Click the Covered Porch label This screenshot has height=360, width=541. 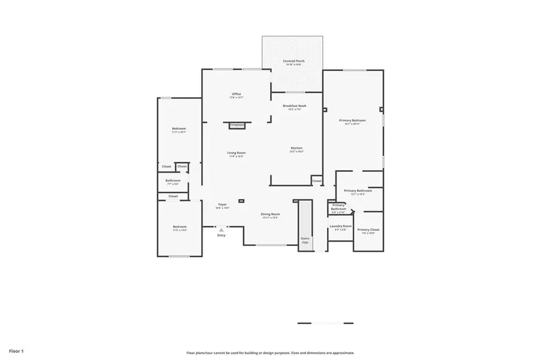click(x=293, y=61)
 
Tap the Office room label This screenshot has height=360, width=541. click(x=236, y=94)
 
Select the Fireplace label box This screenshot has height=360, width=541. click(x=237, y=125)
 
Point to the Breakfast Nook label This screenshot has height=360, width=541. click(x=295, y=106)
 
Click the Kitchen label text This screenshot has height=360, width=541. click(x=296, y=148)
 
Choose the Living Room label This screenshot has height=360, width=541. click(x=236, y=153)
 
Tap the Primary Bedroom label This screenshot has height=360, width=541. click(x=352, y=121)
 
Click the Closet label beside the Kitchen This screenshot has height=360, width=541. click(x=316, y=181)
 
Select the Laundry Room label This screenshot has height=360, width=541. click(x=341, y=227)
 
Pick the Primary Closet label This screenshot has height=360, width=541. click(x=368, y=230)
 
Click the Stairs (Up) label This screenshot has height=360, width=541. click(x=305, y=240)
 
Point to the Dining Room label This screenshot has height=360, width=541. click(x=270, y=215)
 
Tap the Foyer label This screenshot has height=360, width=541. click(x=222, y=205)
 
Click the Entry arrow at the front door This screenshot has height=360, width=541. click(x=221, y=230)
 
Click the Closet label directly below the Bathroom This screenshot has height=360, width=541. click(x=173, y=196)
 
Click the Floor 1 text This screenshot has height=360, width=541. click(x=16, y=350)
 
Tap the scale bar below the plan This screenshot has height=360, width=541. click(x=325, y=323)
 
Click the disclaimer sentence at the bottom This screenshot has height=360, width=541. click(x=270, y=353)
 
